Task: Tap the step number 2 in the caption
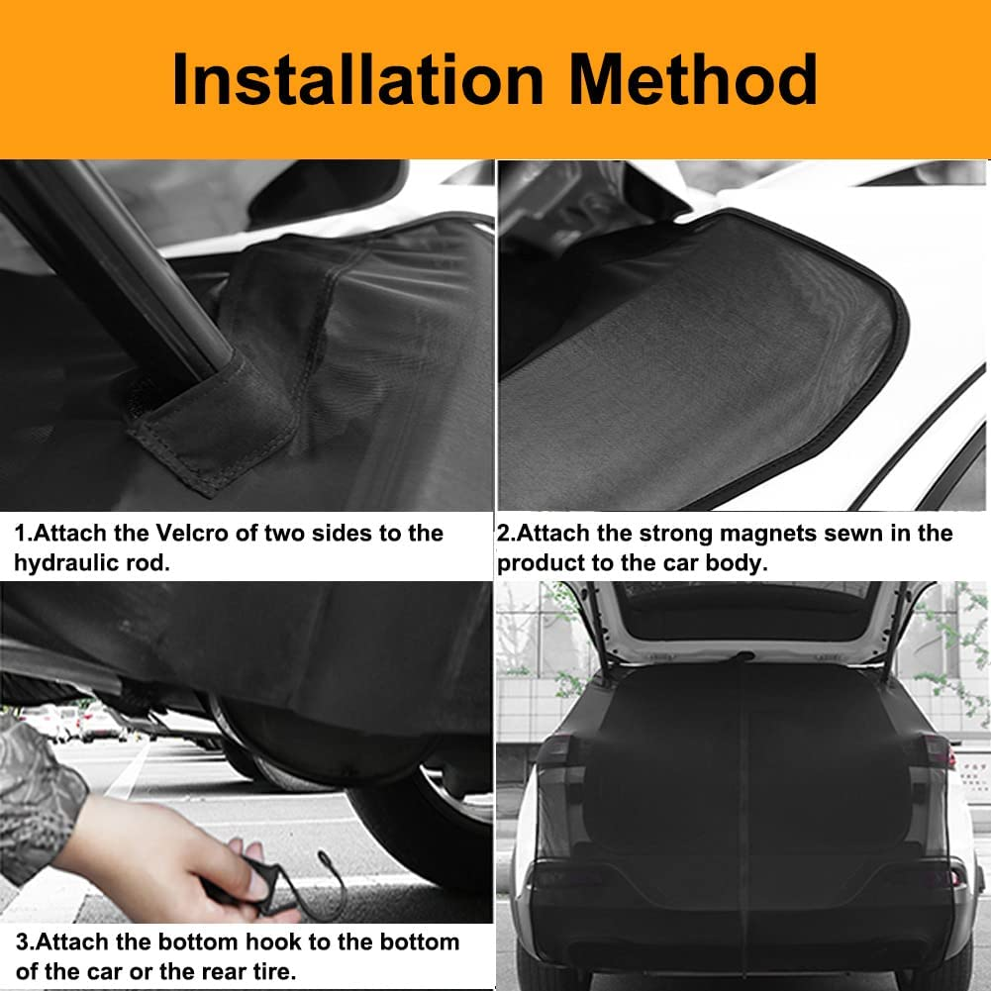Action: coord(503,534)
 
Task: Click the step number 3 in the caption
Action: coord(21,941)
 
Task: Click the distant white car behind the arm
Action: coord(99,726)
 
